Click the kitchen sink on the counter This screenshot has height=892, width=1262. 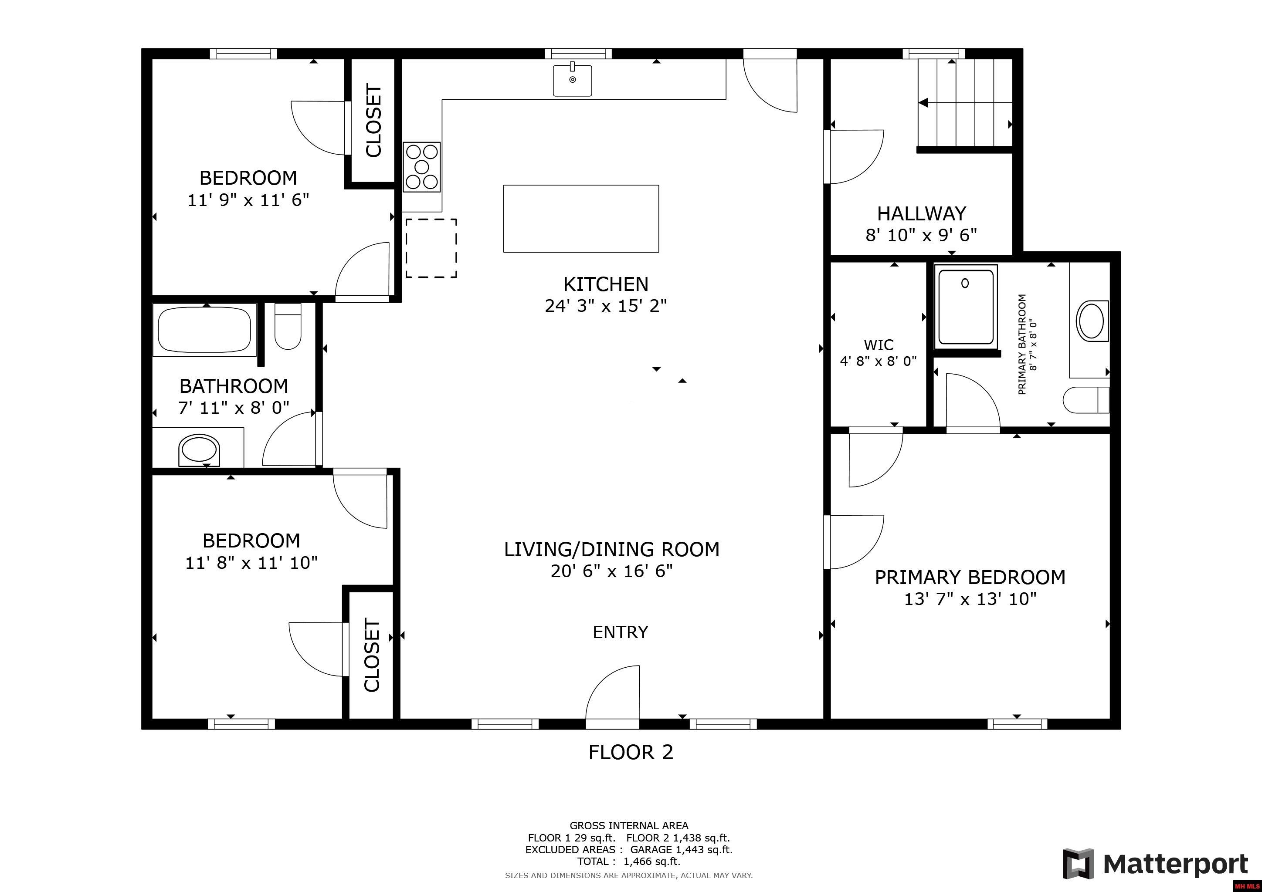click(572, 80)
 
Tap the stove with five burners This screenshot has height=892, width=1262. click(421, 167)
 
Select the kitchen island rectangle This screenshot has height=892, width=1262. click(581, 219)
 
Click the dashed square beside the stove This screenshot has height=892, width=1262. click(431, 248)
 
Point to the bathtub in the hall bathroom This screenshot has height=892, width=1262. click(204, 330)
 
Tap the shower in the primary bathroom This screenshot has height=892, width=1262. click(966, 307)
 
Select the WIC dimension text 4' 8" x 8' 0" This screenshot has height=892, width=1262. click(879, 362)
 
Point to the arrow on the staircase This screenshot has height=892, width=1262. click(924, 103)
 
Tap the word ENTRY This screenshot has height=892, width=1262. click(620, 632)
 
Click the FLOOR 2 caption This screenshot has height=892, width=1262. click(631, 752)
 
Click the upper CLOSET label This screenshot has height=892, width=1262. click(373, 120)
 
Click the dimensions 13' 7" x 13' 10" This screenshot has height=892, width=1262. click(970, 599)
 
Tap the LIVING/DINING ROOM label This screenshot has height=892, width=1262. click(611, 549)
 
